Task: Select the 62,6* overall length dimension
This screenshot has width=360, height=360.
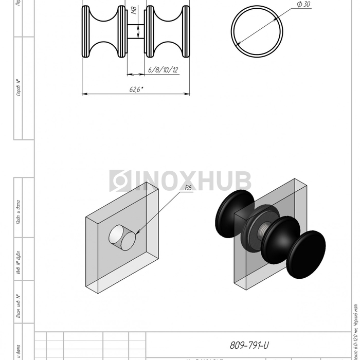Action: (x=136, y=89)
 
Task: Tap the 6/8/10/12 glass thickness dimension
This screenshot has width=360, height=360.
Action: (x=163, y=70)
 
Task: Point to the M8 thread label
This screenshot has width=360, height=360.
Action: (x=134, y=12)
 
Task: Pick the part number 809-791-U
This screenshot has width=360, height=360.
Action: (x=250, y=346)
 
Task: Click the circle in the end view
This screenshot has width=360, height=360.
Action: (x=257, y=29)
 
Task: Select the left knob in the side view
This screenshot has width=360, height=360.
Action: (x=104, y=32)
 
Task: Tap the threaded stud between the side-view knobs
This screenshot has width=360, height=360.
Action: (x=136, y=32)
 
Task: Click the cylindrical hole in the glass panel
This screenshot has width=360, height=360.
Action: (x=122, y=238)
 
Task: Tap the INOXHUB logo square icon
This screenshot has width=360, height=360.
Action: (x=119, y=182)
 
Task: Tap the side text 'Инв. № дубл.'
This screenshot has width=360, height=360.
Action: (x=19, y=264)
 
